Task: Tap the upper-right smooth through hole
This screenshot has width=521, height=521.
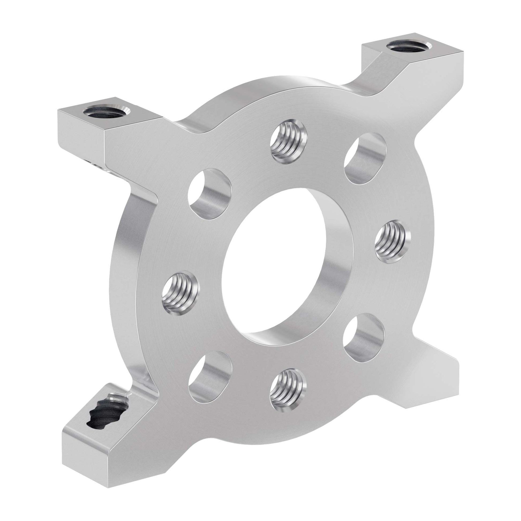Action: click(x=365, y=158)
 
